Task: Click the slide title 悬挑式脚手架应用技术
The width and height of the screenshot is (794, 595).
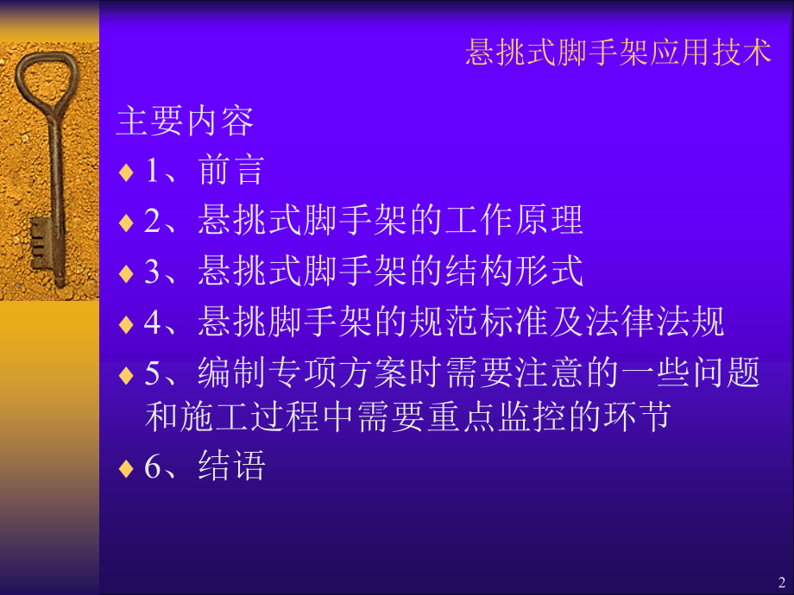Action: coord(617,53)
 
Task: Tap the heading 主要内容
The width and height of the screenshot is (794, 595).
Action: coord(185,122)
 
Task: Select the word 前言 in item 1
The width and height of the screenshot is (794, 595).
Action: coord(230,171)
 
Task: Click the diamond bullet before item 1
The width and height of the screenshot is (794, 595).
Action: coord(126,172)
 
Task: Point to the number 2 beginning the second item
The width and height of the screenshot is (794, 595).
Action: coord(152,222)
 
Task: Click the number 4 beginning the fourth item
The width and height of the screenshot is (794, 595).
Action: coord(152,323)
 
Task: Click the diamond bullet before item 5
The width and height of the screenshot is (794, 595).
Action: coord(126,375)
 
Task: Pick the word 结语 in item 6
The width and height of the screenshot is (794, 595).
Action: coord(230,467)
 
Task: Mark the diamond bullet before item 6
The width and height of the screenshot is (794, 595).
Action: coord(126,468)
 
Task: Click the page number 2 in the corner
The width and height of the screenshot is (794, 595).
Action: coord(781,581)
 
